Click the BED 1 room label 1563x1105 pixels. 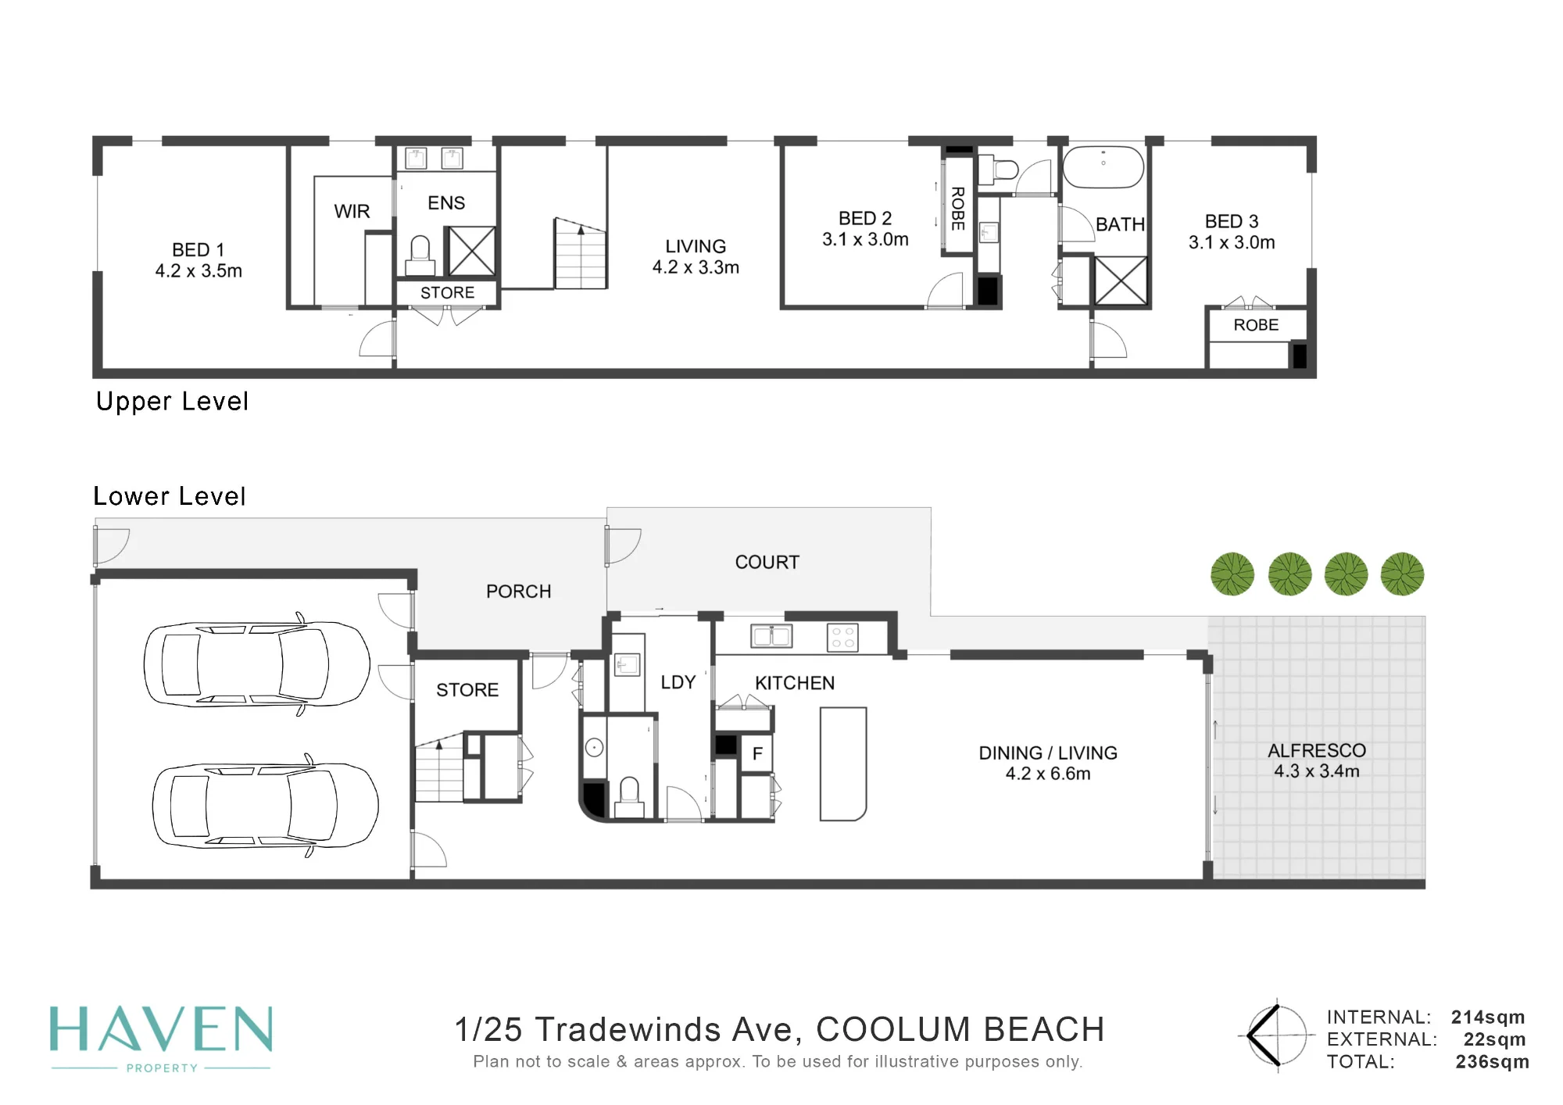[199, 250]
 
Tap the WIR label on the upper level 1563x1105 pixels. [352, 212]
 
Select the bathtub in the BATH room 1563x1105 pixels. [1103, 166]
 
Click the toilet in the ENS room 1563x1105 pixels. [420, 256]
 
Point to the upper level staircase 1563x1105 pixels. [581, 254]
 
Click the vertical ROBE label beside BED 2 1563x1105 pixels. [958, 209]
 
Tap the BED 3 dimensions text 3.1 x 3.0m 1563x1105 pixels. [1232, 243]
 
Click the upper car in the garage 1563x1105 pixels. [256, 664]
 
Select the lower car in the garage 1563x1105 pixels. [265, 806]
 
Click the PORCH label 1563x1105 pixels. [519, 592]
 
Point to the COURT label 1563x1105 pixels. [767, 563]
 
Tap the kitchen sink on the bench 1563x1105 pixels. [771, 636]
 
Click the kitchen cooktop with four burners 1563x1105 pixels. [842, 638]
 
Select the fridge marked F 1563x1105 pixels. [756, 753]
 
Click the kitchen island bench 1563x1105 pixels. [843, 764]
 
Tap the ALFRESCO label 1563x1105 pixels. [1317, 751]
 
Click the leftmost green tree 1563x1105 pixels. [1232, 574]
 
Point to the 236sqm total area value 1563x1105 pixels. [1492, 1062]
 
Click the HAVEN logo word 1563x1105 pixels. [161, 1029]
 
